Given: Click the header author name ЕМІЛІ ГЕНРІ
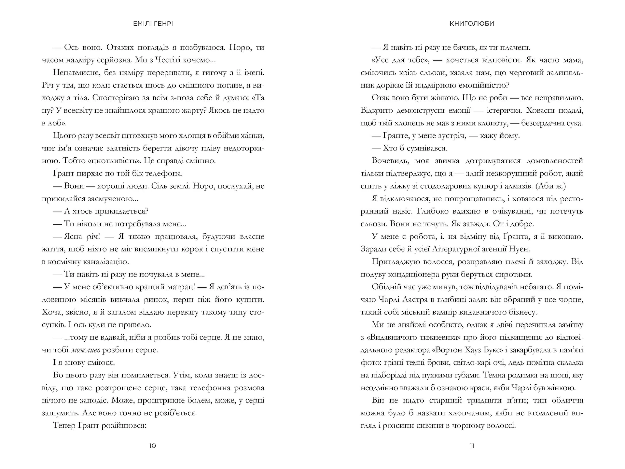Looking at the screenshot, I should [153, 23].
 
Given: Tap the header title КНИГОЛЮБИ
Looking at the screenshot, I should [472, 23].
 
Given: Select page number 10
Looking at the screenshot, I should [153, 446].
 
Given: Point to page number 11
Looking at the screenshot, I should [472, 446].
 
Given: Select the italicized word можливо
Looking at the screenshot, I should [85, 350].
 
